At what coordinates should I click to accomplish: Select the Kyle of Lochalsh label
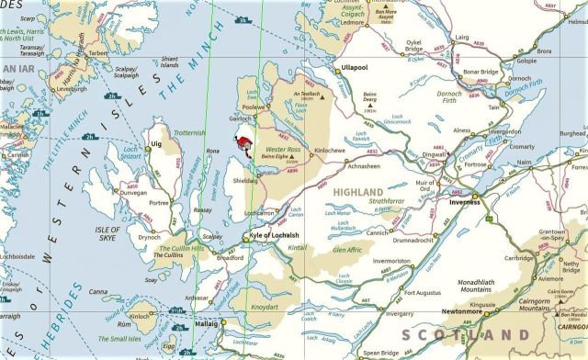pyautogui.click(x=275, y=236)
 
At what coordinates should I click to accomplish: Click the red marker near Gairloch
pyautogui.click(x=243, y=143)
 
